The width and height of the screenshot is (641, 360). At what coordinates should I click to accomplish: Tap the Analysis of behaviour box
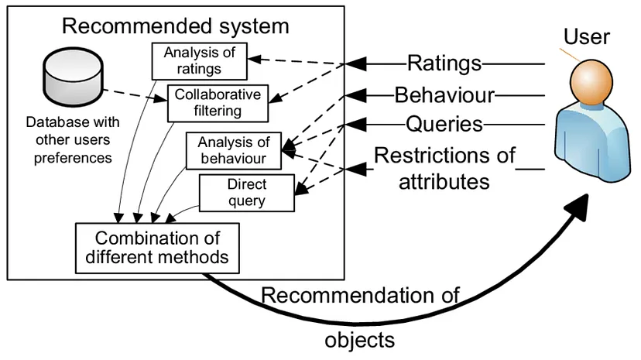pyautogui.click(x=233, y=151)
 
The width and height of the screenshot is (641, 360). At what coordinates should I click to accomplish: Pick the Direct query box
pyautogui.click(x=248, y=193)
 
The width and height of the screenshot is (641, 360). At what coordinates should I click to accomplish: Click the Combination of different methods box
pyautogui.click(x=157, y=246)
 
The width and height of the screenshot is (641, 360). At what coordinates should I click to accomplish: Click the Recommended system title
pyautogui.click(x=175, y=26)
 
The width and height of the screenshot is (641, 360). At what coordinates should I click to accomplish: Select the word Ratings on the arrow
pyautogui.click(x=444, y=63)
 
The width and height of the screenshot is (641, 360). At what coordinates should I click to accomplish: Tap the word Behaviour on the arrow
pyautogui.click(x=444, y=96)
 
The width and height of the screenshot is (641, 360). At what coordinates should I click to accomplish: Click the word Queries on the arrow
pyautogui.click(x=444, y=124)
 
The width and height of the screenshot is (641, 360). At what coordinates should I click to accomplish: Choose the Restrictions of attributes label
pyautogui.click(x=444, y=168)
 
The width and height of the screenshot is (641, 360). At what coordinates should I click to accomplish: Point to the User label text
pyautogui.click(x=587, y=36)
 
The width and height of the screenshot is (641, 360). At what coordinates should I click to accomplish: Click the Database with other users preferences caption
pyautogui.click(x=69, y=140)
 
